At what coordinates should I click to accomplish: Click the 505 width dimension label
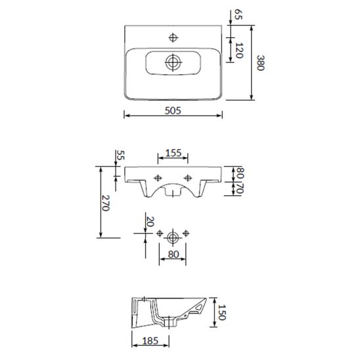(x=173, y=110)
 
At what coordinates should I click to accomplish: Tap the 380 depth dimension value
(x=260, y=62)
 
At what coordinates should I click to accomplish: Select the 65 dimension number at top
(x=238, y=14)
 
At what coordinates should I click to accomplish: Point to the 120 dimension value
(x=239, y=51)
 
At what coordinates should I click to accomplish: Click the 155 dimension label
(x=173, y=153)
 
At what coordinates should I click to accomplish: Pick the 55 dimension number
(x=120, y=155)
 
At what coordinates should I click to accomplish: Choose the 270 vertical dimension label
(x=105, y=203)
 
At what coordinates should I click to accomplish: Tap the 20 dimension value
(x=150, y=221)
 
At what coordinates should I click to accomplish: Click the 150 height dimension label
(x=222, y=312)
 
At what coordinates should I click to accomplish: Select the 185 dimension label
(x=150, y=341)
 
